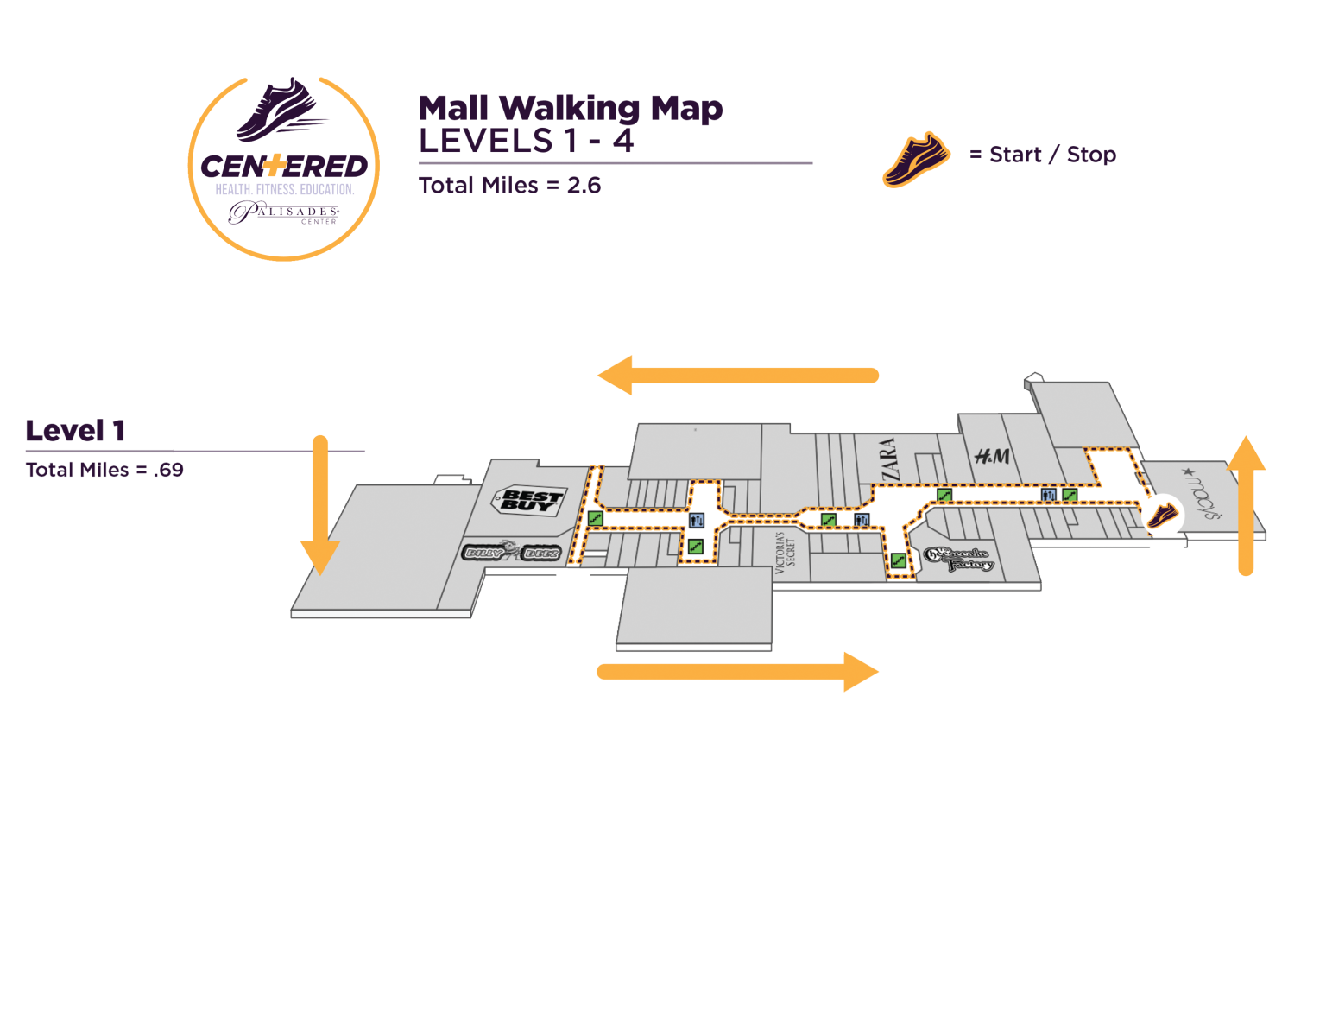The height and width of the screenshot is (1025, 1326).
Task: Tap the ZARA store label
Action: (889, 459)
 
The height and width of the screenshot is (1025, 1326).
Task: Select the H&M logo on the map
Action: (992, 456)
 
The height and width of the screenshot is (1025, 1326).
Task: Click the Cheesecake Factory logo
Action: (959, 559)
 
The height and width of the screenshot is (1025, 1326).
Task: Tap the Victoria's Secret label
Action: (784, 554)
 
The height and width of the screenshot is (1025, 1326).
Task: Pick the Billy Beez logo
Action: (513, 553)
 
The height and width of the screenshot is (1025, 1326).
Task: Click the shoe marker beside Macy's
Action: (1161, 516)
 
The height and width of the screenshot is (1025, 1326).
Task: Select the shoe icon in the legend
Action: (916, 159)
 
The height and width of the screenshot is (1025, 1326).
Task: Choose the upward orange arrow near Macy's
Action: (1246, 505)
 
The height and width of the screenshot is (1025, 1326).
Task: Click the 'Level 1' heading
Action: (75, 430)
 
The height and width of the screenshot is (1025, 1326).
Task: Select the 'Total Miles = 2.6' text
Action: (509, 186)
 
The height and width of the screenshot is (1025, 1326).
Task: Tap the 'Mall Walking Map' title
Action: (571, 108)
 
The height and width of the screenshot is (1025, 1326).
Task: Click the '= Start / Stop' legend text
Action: (1043, 155)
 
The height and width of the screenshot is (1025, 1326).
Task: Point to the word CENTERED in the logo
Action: (284, 166)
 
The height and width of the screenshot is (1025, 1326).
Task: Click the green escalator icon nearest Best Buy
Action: (595, 518)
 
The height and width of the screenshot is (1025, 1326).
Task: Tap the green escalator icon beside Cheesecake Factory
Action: (898, 560)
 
